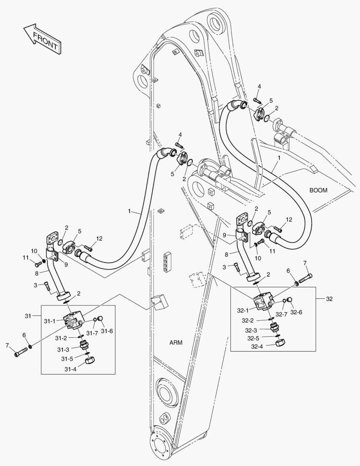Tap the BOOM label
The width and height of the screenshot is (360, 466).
click(x=318, y=190)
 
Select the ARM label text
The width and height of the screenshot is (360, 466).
click(x=175, y=343)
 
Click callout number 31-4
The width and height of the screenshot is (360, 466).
click(x=71, y=369)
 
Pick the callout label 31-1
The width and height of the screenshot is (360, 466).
click(x=50, y=321)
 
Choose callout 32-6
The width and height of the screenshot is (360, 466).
click(x=296, y=312)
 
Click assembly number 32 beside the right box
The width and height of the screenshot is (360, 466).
click(x=329, y=298)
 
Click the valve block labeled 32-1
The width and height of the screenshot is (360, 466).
click(x=263, y=302)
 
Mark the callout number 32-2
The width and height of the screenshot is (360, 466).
click(x=247, y=321)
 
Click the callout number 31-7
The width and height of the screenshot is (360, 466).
click(x=92, y=333)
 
